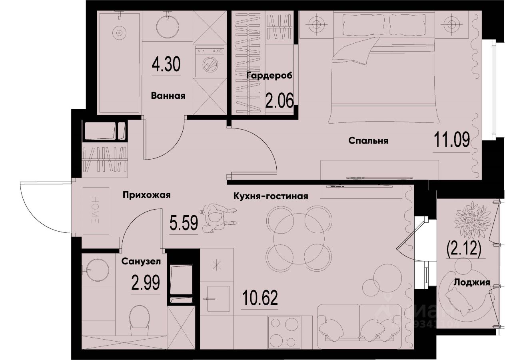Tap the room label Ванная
pyautogui.click(x=168, y=96)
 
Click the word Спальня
pyautogui.click(x=368, y=141)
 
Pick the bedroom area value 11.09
pyautogui.click(x=451, y=140)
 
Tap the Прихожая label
pyautogui.click(x=147, y=195)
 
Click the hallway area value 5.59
pyautogui.click(x=184, y=222)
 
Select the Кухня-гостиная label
pyautogui.click(x=271, y=196)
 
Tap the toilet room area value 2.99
pyautogui.click(x=146, y=282)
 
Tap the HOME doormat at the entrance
pyautogui.click(x=96, y=210)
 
